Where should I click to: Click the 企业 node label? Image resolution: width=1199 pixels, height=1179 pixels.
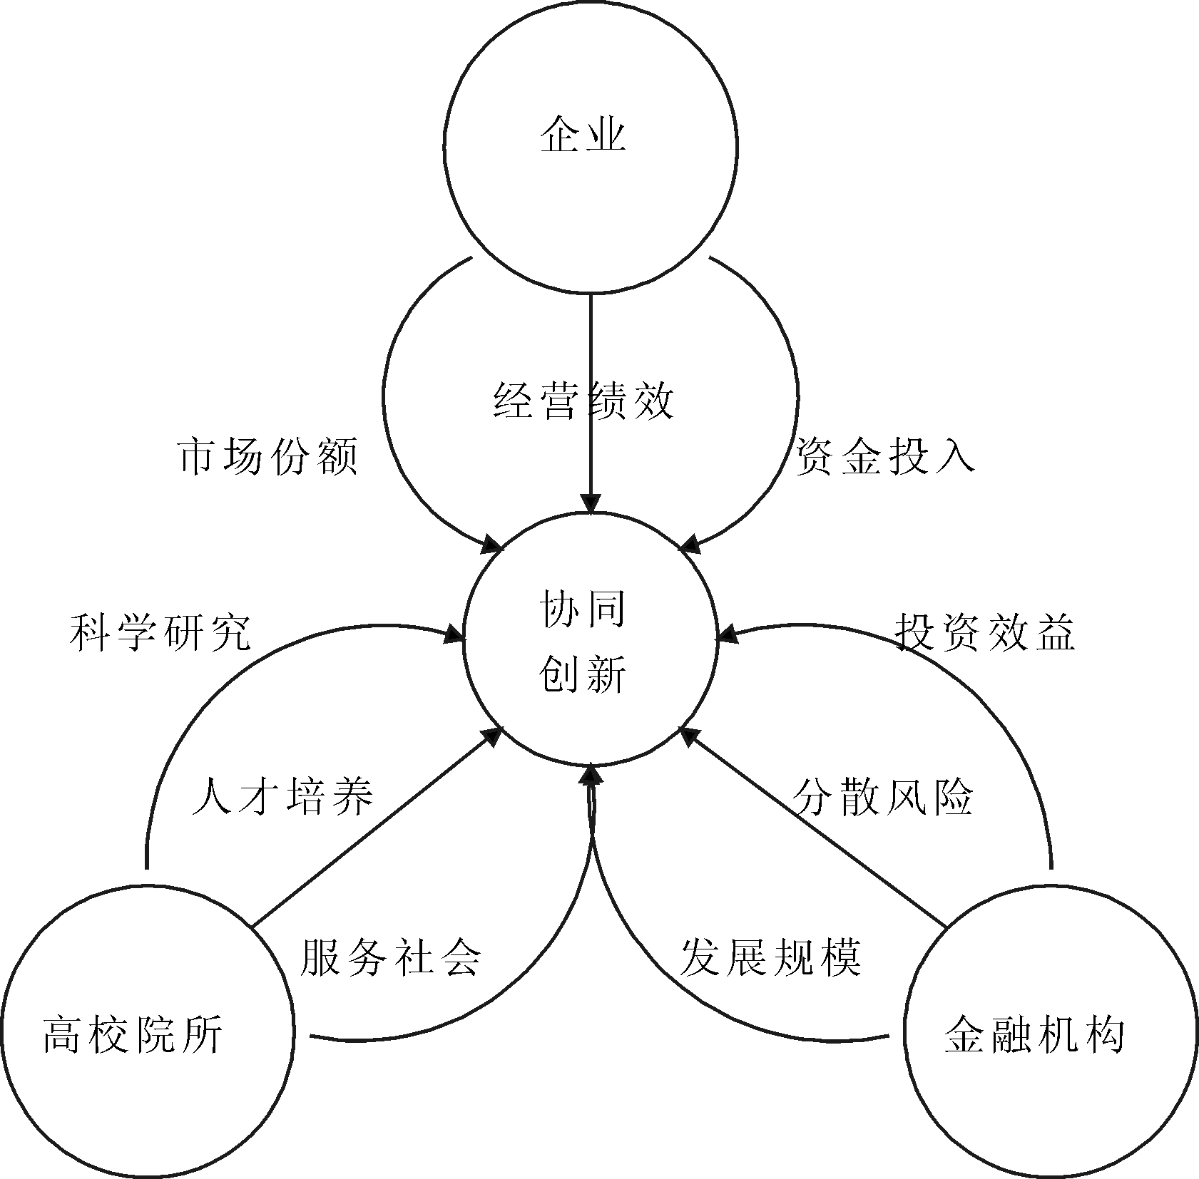point(583,135)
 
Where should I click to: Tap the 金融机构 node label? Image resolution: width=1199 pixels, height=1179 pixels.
point(1034,1035)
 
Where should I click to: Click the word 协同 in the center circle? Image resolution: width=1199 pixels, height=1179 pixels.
point(583,610)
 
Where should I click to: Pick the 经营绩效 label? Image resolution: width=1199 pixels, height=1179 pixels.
point(583,401)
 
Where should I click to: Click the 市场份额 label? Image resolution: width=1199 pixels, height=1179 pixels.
point(267,456)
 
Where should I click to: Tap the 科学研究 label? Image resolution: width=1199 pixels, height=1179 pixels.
point(160,632)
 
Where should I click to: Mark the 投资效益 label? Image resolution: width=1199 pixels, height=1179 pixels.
point(984,632)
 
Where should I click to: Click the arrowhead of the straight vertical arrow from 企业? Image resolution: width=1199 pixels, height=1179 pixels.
point(591,503)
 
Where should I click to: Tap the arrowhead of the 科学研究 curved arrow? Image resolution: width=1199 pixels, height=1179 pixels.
point(455,634)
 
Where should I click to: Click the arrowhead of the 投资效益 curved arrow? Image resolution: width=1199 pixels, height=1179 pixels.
point(726,634)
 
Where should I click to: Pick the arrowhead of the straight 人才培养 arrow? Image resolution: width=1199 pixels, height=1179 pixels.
point(494,736)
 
